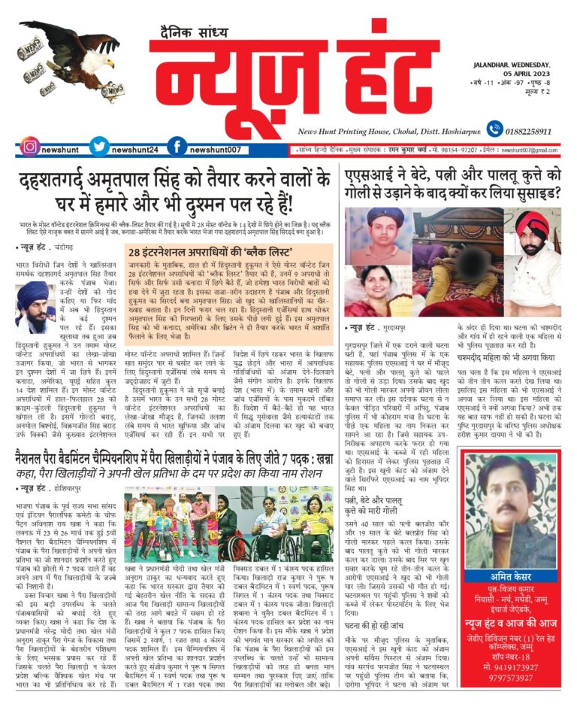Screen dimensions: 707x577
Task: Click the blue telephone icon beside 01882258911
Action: [494, 129]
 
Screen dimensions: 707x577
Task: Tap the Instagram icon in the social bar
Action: [29, 148]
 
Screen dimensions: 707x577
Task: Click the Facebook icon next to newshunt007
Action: [177, 148]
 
